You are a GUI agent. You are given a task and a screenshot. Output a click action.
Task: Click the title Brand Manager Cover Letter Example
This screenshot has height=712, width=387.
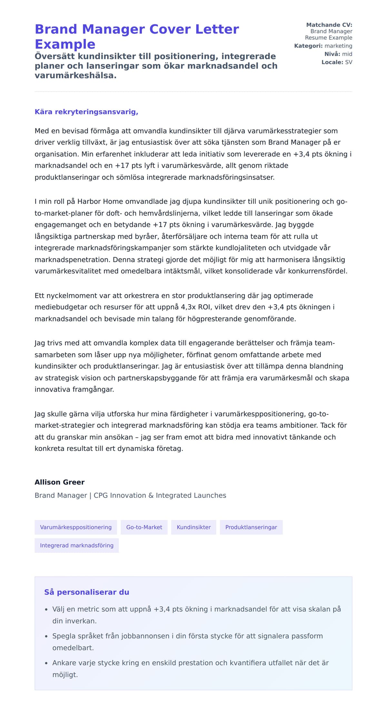(x=137, y=36)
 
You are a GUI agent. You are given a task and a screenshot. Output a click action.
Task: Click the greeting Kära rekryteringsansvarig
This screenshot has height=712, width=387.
(x=86, y=112)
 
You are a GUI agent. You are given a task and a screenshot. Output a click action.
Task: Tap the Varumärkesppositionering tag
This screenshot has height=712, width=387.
(x=76, y=527)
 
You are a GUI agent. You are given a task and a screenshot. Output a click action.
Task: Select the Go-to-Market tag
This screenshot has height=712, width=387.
(x=144, y=527)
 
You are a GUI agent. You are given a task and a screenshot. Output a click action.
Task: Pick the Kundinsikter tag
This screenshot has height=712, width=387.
(x=193, y=527)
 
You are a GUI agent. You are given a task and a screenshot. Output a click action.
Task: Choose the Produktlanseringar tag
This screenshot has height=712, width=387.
(x=251, y=527)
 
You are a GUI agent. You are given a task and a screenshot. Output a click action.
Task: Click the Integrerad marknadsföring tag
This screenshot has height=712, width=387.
(x=77, y=545)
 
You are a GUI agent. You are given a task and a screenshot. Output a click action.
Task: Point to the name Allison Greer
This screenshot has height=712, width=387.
(x=60, y=482)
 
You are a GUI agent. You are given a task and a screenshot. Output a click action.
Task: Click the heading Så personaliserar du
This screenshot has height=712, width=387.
(x=86, y=592)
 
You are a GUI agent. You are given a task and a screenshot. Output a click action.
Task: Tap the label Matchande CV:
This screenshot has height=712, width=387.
(x=329, y=25)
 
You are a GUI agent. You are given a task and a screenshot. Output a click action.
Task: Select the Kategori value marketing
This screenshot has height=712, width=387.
(x=338, y=46)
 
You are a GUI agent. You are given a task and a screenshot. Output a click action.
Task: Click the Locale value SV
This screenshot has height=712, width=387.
(x=349, y=62)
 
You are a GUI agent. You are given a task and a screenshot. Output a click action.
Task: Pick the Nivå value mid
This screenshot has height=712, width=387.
(x=347, y=54)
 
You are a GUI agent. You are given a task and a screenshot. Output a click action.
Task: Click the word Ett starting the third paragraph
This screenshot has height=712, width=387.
(x=39, y=296)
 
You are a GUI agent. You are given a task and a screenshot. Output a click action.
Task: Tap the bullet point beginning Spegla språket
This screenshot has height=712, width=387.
(x=187, y=636)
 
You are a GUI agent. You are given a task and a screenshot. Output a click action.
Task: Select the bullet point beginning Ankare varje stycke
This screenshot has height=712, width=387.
(x=190, y=663)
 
